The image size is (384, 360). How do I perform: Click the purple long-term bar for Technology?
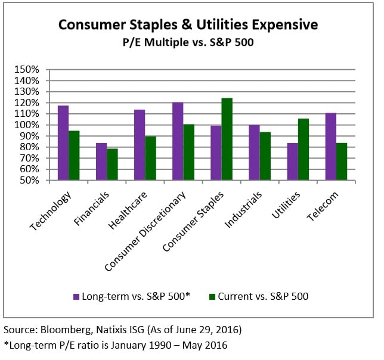point(63,143)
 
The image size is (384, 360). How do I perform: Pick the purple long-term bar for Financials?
point(101,162)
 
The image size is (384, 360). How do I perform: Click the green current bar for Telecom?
point(342,162)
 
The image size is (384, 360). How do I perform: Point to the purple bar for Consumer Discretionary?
point(178,141)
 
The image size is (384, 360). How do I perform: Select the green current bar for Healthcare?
point(150,158)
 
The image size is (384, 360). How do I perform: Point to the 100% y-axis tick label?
point(26,125)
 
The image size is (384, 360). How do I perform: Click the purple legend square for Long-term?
point(76,296)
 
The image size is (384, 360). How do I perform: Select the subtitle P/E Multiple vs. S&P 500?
point(188,43)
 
